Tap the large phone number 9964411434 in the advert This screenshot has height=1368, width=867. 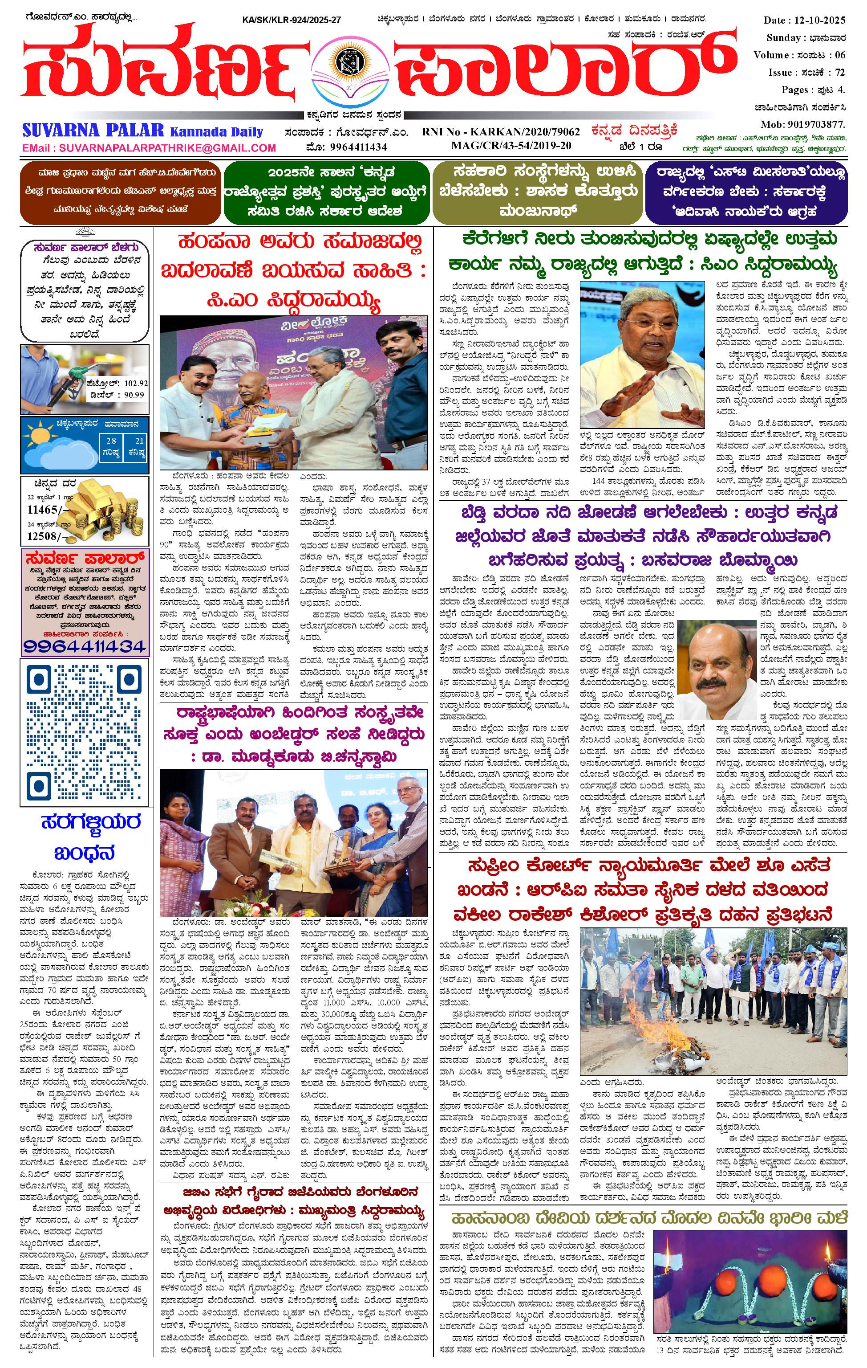pos(85,645)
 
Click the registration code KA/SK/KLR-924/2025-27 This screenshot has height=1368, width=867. pos(291,20)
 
